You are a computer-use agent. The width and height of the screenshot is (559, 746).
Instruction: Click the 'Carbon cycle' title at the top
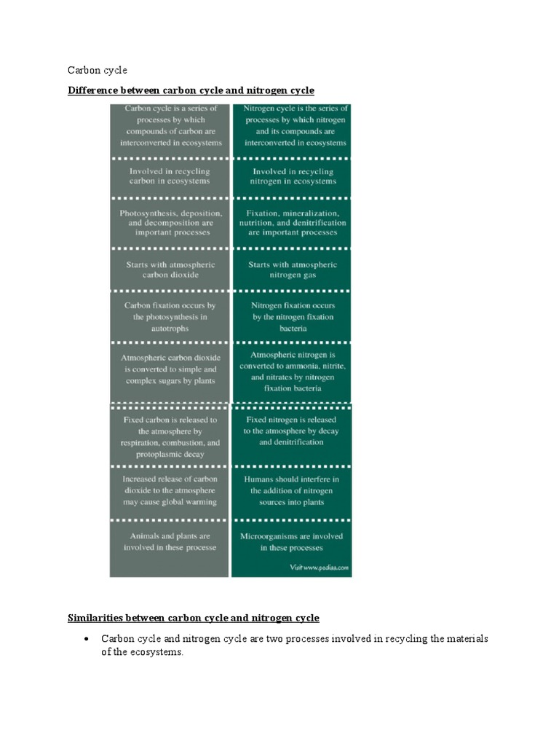[x=97, y=70]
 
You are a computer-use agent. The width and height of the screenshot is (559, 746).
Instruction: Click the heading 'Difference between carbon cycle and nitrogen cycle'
[x=191, y=90]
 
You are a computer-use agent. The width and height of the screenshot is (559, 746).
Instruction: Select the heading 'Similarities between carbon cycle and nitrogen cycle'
[x=193, y=618]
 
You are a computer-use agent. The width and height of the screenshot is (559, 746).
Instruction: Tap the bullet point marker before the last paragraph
[x=86, y=638]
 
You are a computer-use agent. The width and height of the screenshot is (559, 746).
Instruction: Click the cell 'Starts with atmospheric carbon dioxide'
[x=170, y=270]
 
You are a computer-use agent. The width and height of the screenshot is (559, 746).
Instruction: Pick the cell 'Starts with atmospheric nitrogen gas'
[x=292, y=270]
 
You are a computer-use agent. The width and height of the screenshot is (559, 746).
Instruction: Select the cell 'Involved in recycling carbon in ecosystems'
[x=170, y=176]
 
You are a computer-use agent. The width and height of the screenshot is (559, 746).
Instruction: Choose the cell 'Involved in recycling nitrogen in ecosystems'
[x=292, y=176]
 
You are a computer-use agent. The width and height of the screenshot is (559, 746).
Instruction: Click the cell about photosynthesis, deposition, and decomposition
[x=170, y=222]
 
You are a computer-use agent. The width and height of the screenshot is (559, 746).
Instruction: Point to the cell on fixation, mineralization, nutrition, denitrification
[x=292, y=222]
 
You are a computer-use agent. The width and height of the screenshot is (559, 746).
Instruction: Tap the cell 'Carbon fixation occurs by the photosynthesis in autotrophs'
[x=170, y=317]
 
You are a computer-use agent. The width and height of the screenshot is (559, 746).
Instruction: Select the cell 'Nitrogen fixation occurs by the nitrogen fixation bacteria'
[x=292, y=317]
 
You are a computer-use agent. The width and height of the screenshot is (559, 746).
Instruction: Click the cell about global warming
[x=170, y=490]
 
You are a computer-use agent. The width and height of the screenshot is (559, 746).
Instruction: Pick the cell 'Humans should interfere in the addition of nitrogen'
[x=292, y=490]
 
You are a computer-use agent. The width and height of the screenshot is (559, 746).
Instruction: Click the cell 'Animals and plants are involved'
[x=170, y=541]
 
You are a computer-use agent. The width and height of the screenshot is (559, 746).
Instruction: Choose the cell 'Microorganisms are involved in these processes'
[x=292, y=541]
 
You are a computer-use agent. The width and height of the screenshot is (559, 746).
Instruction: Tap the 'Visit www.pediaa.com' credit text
[x=319, y=567]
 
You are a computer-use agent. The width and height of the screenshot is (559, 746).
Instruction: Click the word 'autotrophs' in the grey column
[x=170, y=329]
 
